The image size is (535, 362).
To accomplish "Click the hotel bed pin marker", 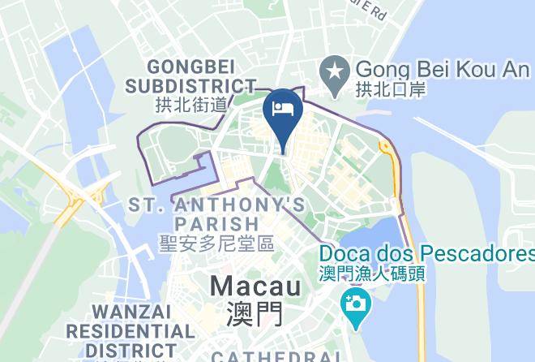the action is (283, 111).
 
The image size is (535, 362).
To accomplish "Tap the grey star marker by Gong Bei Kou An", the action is (332, 69).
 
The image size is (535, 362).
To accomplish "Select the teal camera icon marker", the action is (353, 304).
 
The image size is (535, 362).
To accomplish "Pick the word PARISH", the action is (216, 223).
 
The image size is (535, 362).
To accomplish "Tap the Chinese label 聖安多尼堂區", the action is (216, 243).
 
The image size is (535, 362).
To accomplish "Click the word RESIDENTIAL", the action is (130, 332).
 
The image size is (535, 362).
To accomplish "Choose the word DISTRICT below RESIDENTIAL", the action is (122, 351).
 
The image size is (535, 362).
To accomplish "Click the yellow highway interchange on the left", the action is (85, 196).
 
